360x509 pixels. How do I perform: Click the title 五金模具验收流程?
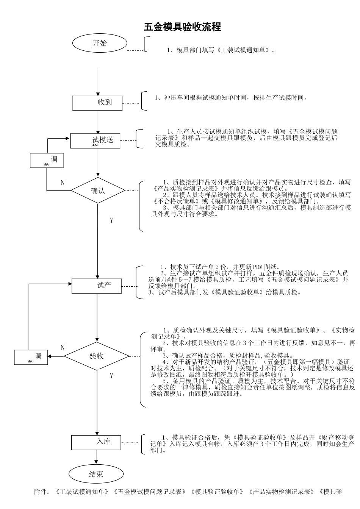(182, 27)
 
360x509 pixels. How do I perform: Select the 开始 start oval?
(100, 43)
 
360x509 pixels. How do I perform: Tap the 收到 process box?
(98, 103)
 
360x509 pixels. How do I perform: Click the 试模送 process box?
(95, 141)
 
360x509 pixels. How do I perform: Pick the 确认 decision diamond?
(98, 190)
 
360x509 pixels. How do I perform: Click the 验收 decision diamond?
(97, 356)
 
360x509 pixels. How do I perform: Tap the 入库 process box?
(97, 442)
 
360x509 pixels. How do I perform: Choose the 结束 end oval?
(96, 474)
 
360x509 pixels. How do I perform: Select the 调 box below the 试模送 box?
(47, 160)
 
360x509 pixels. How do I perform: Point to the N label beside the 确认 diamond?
(63, 183)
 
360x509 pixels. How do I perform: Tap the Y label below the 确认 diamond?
(111, 220)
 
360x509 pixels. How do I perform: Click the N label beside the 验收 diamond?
(63, 348)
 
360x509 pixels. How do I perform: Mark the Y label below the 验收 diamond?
(111, 376)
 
